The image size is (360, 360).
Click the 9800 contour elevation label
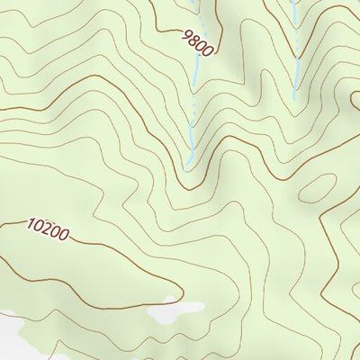(197, 42)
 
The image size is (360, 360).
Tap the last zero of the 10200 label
(63, 235)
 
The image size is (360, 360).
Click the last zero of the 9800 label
(208, 50)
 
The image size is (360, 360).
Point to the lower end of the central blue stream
(187, 167)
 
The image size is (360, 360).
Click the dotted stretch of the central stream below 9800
(192, 108)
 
